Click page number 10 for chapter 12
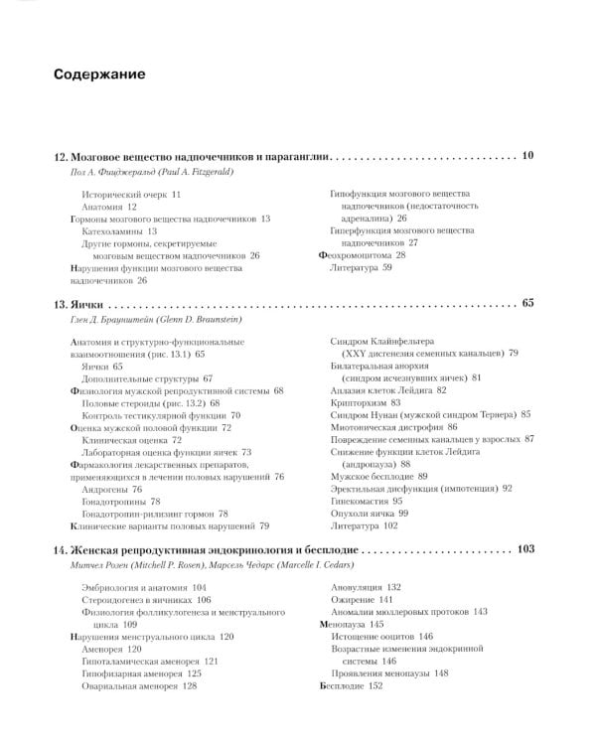[526, 155]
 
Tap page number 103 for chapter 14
[525, 548]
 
